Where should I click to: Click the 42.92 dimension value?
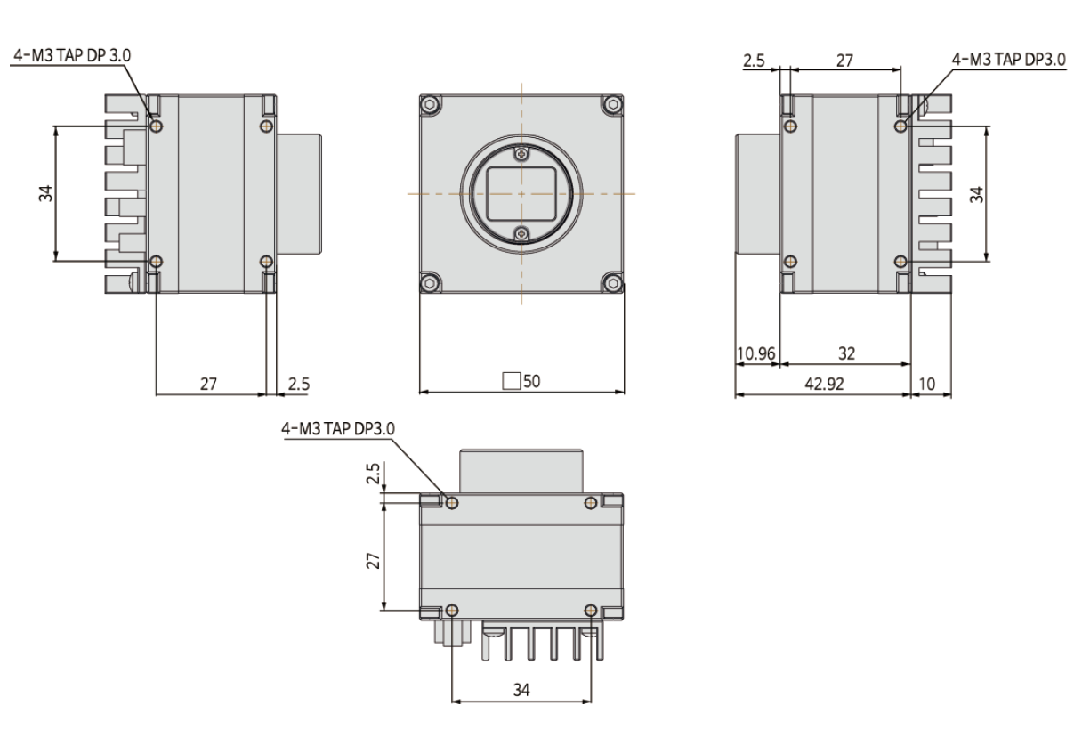824,384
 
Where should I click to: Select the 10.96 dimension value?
756,353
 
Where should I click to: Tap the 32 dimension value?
846,353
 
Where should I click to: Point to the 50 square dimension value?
531,381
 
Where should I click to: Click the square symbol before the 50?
511,381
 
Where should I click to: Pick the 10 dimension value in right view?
927,384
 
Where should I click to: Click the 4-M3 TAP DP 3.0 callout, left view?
72,55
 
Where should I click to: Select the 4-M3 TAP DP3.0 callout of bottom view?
338,428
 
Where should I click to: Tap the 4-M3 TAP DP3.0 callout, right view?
1008,60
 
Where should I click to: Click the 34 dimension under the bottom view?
521,690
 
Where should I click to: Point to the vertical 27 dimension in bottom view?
374,561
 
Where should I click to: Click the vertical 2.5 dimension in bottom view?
374,474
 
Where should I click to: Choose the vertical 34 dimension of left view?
46,193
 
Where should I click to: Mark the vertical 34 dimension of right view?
976,194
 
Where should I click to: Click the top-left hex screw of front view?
430,104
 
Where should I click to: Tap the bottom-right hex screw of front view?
613,283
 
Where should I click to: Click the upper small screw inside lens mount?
521,154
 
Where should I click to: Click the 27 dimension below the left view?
209,384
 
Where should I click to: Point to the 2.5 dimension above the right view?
754,61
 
